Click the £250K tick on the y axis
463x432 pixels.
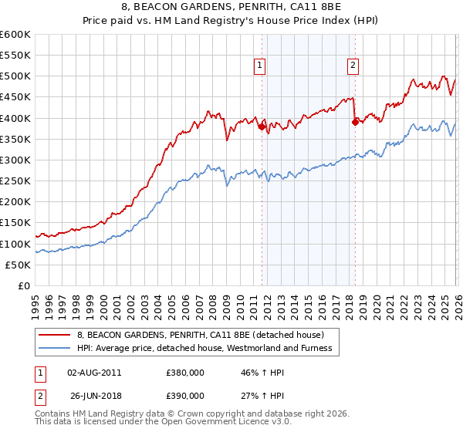click(15, 181)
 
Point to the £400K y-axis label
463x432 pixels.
click(15, 118)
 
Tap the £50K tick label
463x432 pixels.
click(19, 265)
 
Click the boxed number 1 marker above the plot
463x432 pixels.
click(260, 66)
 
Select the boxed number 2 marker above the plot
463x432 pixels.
click(353, 66)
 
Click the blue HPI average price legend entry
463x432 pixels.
click(204, 348)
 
